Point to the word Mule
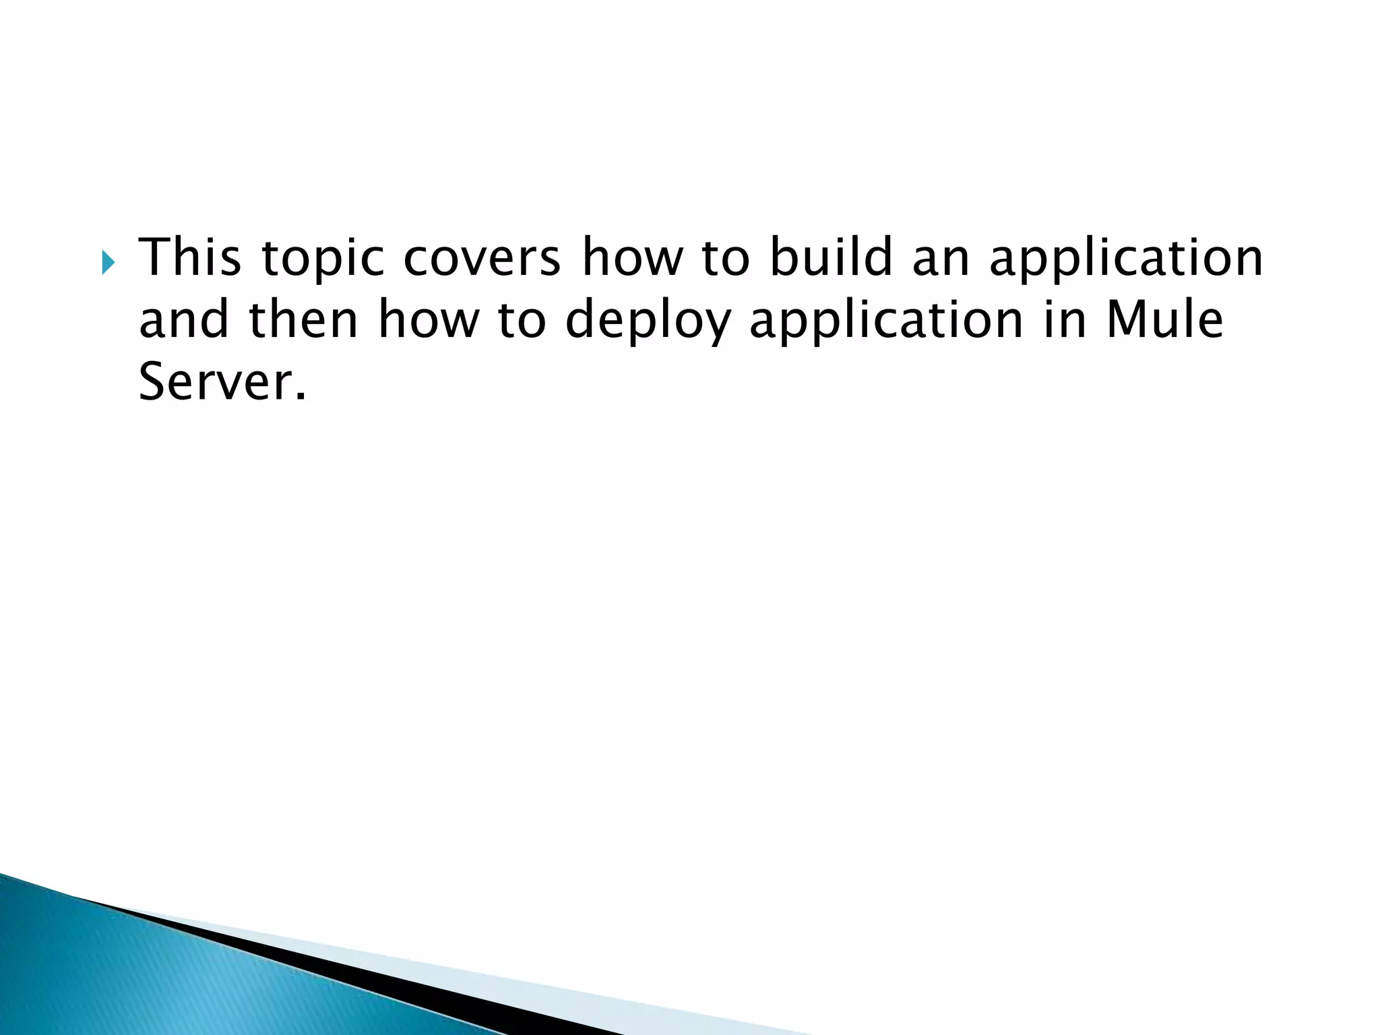point(1164,319)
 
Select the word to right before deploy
point(522,321)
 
